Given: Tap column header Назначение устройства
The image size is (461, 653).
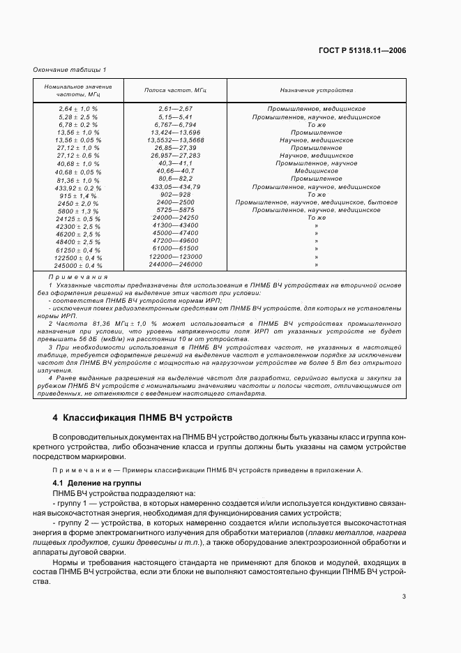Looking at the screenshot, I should (x=316, y=91).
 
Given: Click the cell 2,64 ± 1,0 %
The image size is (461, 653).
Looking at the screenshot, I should (x=78, y=110).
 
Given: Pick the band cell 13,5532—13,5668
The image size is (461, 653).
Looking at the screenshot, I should (x=176, y=140).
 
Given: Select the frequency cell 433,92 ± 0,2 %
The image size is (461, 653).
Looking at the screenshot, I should (x=78, y=188).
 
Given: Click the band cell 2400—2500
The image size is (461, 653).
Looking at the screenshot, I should (x=176, y=202).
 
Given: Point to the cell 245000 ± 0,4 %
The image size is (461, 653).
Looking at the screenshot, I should (x=78, y=266).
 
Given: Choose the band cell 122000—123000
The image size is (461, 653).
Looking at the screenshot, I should (x=176, y=257).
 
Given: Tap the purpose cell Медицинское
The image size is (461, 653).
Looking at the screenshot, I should (x=316, y=171).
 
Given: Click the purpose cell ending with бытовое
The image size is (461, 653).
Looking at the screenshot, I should (x=316, y=202).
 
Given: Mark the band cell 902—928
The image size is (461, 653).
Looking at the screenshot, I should (x=176, y=195).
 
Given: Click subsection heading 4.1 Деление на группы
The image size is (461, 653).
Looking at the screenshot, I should (x=97, y=483).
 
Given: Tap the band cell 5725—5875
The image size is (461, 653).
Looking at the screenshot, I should (x=176, y=210).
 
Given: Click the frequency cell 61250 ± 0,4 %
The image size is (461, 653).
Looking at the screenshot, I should (x=78, y=250).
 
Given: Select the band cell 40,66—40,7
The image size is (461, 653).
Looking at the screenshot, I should (x=176, y=171).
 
